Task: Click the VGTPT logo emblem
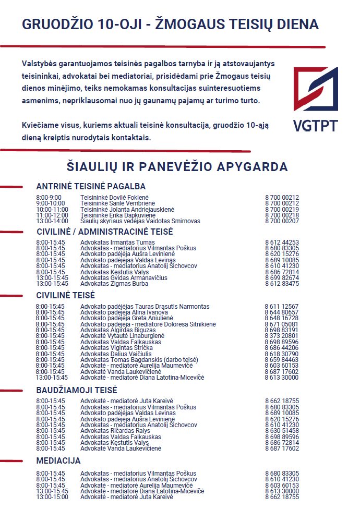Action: click(x=315, y=88)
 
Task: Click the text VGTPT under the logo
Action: click(x=315, y=126)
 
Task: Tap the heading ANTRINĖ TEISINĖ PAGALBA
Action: click(x=91, y=186)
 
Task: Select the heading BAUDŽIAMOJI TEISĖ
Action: click(x=77, y=390)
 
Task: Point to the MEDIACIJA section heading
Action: click(x=58, y=461)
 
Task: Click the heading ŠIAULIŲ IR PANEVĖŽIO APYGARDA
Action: click(x=177, y=167)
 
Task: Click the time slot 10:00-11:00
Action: click(x=52, y=209)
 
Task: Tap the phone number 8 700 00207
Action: click(x=282, y=221)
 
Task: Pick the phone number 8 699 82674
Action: click(x=282, y=278)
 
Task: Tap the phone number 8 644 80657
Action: click(x=282, y=312)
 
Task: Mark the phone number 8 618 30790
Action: click(x=282, y=354)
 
